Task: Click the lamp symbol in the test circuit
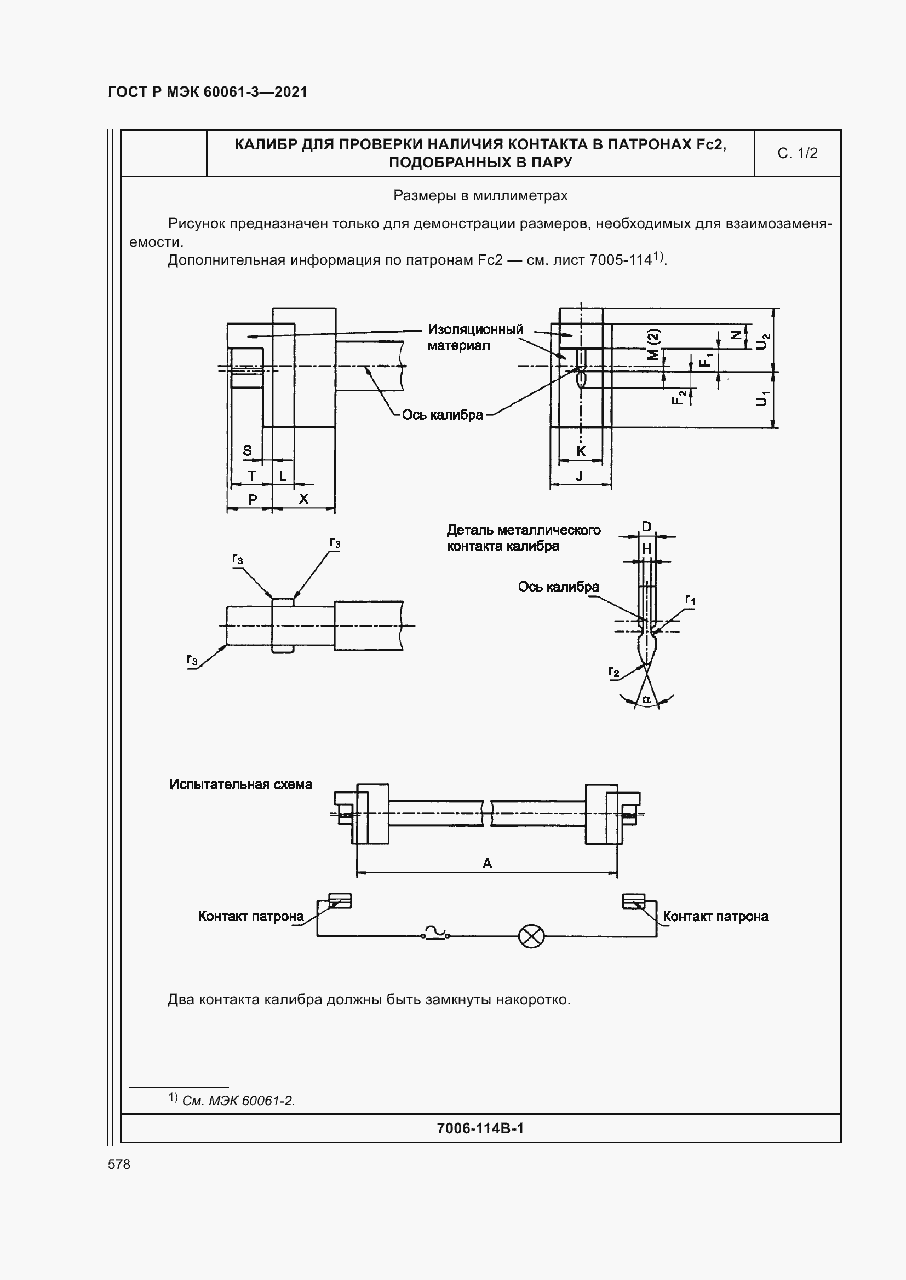[531, 936]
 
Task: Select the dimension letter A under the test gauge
[487, 864]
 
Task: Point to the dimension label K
[581, 451]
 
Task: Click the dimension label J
[579, 476]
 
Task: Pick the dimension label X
[303, 499]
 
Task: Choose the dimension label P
[253, 500]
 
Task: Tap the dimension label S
[247, 450]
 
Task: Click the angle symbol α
[646, 699]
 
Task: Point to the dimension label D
[646, 527]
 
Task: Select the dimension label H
[646, 549]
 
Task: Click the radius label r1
[690, 600]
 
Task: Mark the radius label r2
[613, 672]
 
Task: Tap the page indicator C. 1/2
[797, 153]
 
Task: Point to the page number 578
[119, 1165]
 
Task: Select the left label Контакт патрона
[251, 917]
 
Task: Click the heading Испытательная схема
[240, 784]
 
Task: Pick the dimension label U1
[762, 398]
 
